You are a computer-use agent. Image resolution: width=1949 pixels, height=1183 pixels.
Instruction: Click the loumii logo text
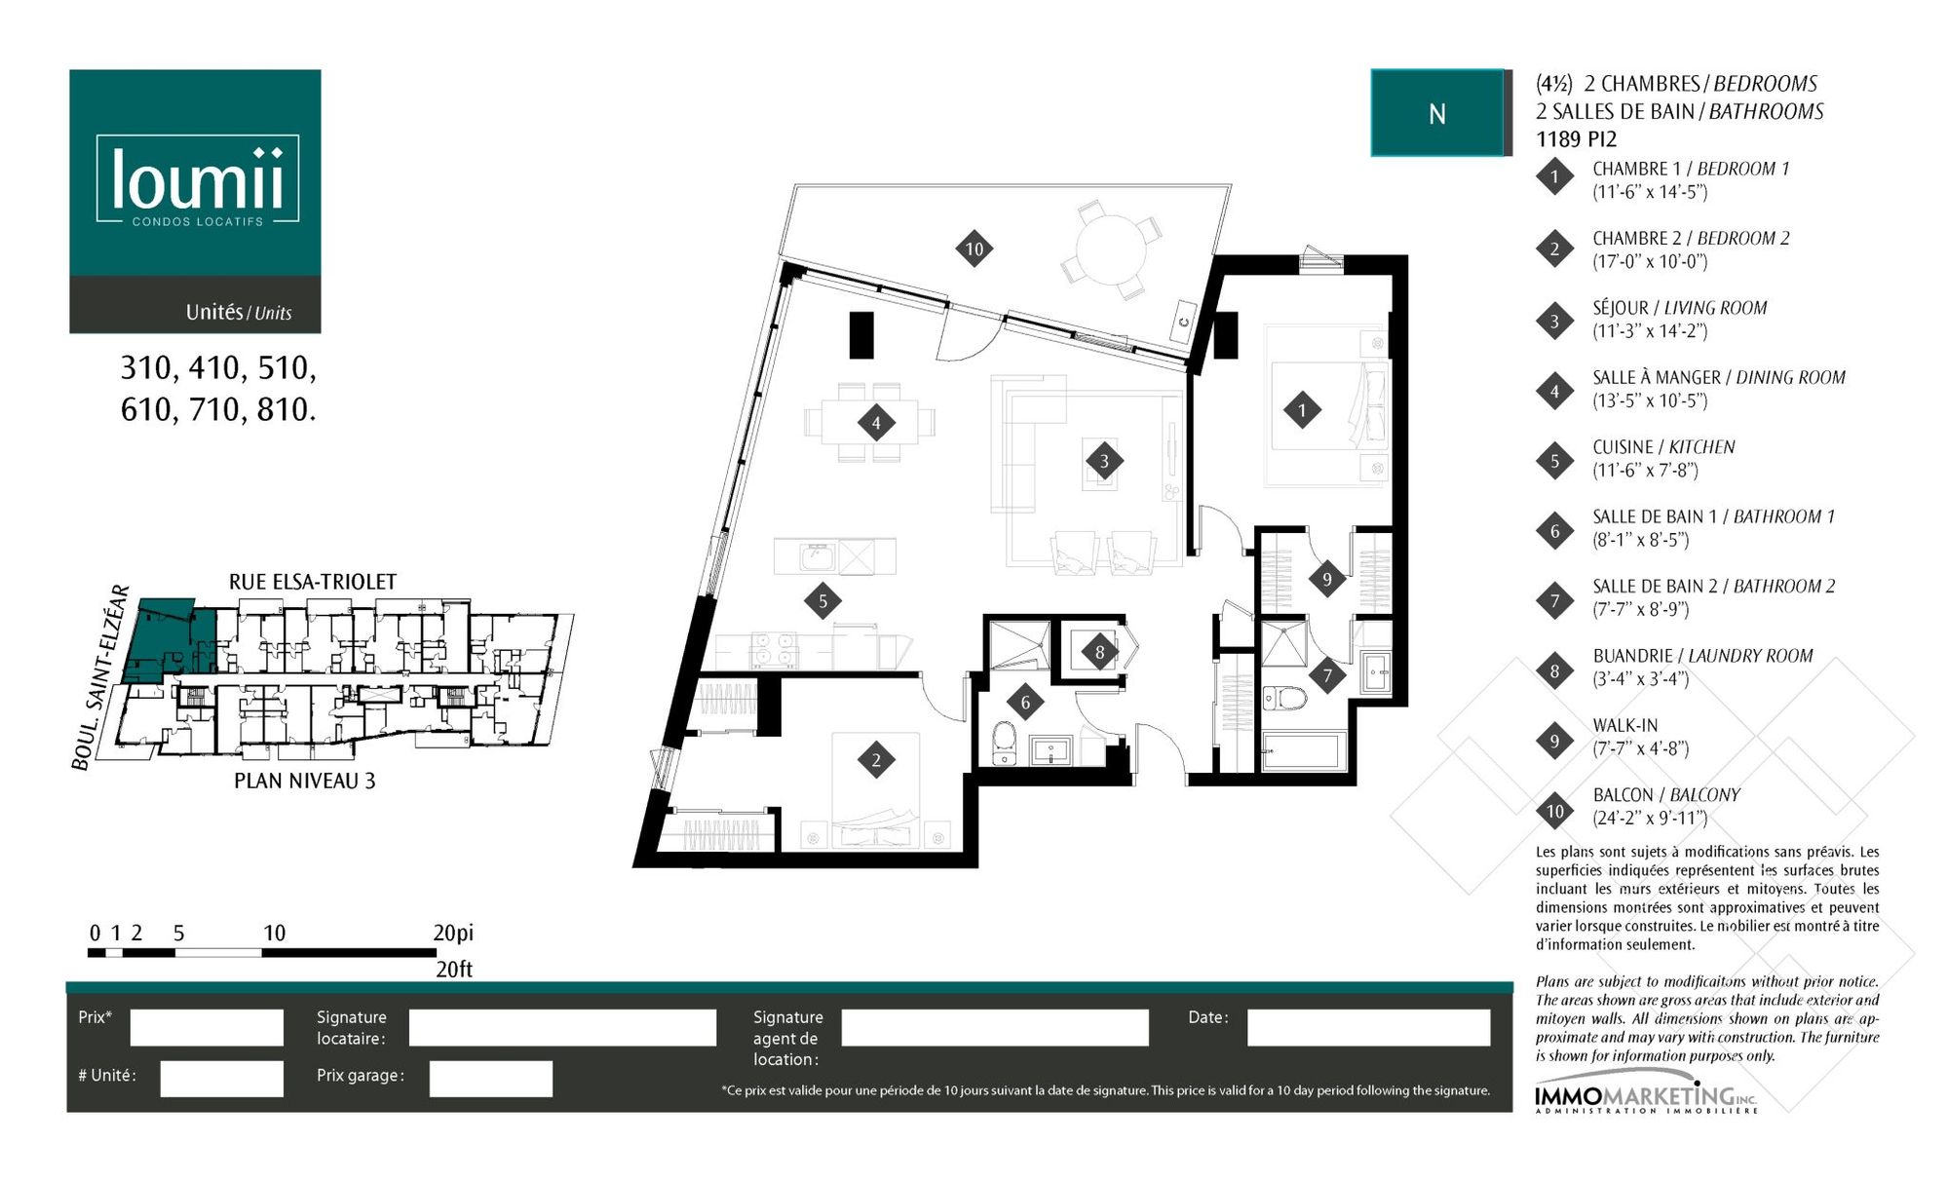198,178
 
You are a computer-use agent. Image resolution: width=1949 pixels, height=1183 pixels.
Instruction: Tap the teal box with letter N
1437,113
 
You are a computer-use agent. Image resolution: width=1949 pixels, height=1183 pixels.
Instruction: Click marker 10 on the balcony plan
974,248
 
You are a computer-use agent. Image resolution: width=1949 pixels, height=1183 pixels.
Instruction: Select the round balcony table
1112,248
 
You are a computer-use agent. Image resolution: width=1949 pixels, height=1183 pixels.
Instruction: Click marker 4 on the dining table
876,423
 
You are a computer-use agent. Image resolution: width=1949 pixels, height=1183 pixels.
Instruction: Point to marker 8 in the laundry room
1099,652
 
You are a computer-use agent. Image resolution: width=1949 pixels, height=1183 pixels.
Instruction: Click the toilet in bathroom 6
1004,744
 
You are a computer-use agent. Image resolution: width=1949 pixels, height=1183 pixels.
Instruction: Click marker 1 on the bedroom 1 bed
1302,410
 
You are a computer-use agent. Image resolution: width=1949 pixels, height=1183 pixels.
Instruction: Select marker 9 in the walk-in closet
1326,580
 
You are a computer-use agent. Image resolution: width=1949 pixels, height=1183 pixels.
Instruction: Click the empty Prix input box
207,1027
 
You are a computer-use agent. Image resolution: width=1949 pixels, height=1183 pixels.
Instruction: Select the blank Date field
1368,1027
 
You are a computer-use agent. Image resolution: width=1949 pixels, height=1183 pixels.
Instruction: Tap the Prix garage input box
490,1079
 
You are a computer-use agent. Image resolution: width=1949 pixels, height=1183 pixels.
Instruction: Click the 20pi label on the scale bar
453,933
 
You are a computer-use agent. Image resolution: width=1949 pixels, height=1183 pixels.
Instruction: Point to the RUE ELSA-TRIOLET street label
313,582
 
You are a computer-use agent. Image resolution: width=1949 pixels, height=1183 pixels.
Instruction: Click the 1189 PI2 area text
1576,139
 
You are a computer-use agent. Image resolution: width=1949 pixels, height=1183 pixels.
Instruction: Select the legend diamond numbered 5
1554,461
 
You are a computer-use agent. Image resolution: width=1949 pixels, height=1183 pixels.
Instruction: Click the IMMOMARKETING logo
1647,1098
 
